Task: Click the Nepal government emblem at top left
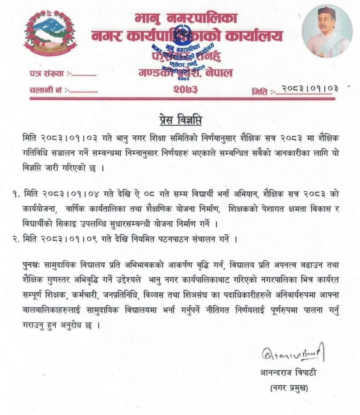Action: click(x=50, y=33)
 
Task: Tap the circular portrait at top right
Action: click(x=327, y=31)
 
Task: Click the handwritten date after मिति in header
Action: click(x=310, y=89)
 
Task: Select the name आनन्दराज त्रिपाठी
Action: click(x=288, y=373)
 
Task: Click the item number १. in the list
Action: click(x=17, y=194)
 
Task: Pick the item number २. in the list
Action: click(x=17, y=239)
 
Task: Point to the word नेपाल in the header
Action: click(x=219, y=72)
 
